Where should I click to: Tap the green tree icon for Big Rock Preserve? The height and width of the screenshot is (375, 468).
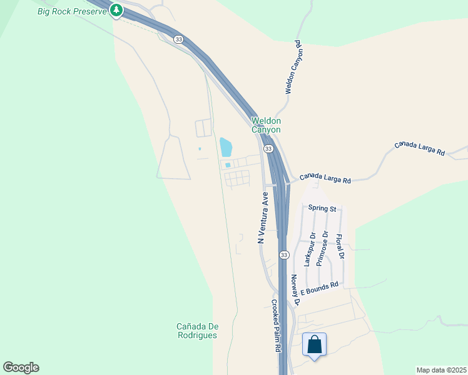tap(116, 10)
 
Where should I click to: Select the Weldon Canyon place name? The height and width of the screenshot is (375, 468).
tap(266, 125)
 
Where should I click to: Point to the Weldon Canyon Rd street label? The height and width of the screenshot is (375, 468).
tap(293, 67)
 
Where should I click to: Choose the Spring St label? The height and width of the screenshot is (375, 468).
tap(322, 208)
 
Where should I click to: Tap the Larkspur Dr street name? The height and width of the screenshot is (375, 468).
tap(309, 249)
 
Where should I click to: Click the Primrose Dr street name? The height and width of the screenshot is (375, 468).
tap(322, 248)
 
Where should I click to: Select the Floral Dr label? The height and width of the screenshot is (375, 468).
tap(340, 247)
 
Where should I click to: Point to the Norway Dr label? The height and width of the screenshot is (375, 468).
tap(295, 290)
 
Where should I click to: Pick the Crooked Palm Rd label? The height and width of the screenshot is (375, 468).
tap(275, 326)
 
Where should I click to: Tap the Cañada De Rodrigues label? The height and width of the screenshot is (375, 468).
tap(196, 331)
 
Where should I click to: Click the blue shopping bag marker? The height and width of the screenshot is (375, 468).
tap(314, 344)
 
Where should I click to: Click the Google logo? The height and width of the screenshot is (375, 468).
tap(21, 367)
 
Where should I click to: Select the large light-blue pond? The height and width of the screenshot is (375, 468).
tap(225, 147)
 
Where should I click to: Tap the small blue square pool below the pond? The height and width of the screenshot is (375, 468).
tap(228, 165)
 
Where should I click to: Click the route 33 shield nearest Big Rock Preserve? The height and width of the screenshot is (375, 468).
tap(179, 39)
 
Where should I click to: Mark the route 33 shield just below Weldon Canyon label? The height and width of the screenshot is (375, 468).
tap(268, 149)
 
